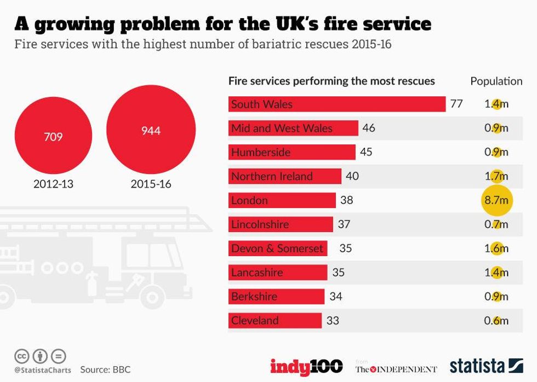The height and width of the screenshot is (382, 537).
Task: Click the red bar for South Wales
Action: tap(336, 104)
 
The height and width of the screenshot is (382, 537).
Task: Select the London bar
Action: tap(282, 200)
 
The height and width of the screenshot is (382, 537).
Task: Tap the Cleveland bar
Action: tap(275, 321)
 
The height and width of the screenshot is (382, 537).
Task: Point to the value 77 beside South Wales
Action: tap(456, 104)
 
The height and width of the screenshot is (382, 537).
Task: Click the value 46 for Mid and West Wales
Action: tap(369, 128)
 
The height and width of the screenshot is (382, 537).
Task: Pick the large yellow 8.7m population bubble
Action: tap(496, 200)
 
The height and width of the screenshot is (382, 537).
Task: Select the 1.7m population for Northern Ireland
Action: tap(496, 176)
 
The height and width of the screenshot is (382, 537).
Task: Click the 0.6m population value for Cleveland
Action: tap(496, 321)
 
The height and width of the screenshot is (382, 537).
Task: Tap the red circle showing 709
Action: tap(53, 137)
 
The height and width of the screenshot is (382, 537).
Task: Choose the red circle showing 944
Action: tap(151, 131)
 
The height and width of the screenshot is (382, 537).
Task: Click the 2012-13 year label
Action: tap(53, 184)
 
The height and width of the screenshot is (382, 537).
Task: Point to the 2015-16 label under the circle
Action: tap(151, 184)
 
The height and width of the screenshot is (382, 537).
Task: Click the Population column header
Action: tap(496, 81)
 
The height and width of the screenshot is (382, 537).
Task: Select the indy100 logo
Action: tap(306, 366)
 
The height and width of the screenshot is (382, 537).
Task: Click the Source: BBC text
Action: tap(106, 369)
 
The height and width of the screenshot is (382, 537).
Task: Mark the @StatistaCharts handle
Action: tap(43, 370)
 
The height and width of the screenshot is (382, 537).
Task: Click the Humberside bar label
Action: tap(261, 152)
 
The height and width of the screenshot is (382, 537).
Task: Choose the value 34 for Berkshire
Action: tap(336, 297)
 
